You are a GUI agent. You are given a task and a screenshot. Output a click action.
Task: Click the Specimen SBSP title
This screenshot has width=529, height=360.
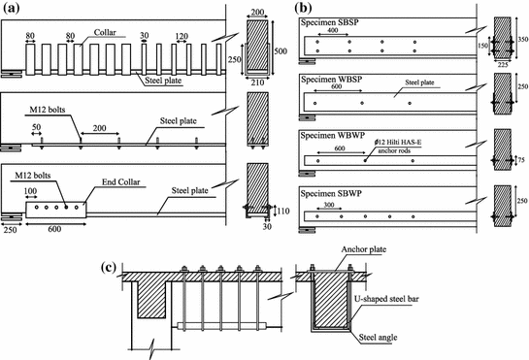point(335,25)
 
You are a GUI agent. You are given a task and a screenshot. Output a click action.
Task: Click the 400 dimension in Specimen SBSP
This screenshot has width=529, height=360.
point(333,31)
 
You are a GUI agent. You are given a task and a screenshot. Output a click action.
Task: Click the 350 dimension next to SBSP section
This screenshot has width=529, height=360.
point(521,42)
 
